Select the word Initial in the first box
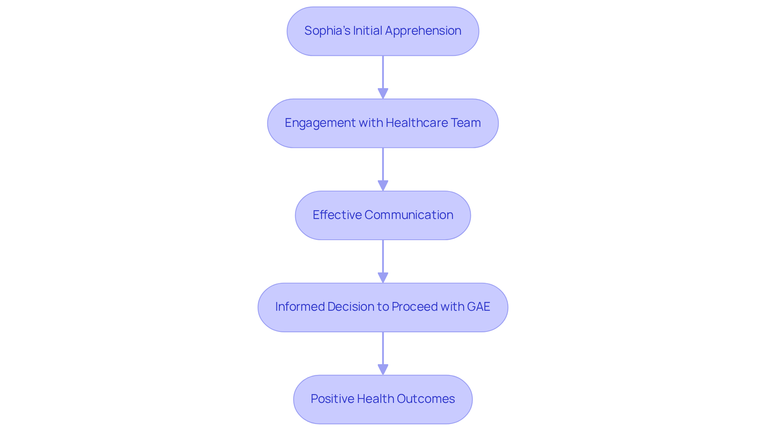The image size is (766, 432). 366,31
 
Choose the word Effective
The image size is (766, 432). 337,215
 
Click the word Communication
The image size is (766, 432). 409,215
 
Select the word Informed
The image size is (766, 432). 300,307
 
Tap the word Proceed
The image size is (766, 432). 415,307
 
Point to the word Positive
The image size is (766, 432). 332,399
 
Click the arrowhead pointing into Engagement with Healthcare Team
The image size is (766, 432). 383,94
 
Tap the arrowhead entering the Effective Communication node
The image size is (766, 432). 383,186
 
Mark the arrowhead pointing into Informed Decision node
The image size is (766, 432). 383,278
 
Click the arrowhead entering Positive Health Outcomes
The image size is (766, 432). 383,370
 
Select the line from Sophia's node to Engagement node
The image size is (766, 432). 383,72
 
